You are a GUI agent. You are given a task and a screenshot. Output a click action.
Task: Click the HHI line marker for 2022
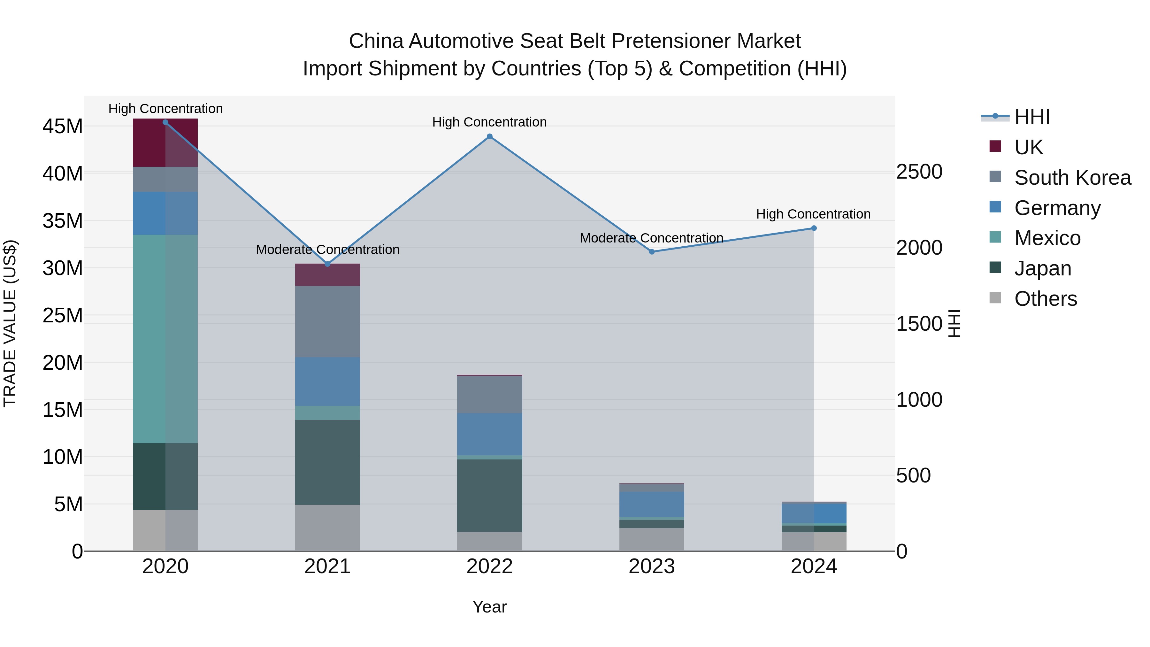(489, 137)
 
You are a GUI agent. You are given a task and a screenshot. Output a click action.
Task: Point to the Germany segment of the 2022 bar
(489, 434)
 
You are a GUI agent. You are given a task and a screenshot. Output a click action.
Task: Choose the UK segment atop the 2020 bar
(165, 142)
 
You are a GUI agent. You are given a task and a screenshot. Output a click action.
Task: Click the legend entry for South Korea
(1072, 178)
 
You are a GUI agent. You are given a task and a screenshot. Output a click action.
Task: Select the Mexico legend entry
(1047, 238)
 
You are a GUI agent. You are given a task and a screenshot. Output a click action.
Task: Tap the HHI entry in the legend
(1032, 117)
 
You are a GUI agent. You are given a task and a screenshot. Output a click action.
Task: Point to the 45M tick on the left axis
(63, 126)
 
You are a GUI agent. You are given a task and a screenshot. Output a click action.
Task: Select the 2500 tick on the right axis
(919, 172)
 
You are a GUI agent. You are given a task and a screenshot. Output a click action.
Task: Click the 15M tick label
(63, 410)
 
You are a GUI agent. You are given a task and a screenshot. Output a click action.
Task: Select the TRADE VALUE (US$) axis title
(10, 323)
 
